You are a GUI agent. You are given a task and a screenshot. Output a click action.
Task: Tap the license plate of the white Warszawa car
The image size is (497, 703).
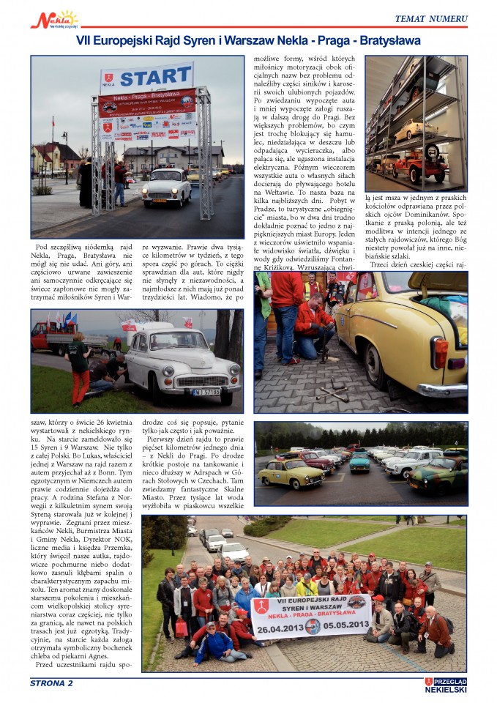(x=207, y=392)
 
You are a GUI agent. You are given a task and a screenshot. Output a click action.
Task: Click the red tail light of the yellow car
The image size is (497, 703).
(x=441, y=351)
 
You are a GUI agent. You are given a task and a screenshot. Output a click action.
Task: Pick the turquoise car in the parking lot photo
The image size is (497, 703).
(x=359, y=462)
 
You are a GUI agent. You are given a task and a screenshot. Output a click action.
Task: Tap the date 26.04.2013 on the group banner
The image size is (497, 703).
(x=281, y=625)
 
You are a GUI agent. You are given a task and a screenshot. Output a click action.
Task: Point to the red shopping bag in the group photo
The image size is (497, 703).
(x=182, y=627)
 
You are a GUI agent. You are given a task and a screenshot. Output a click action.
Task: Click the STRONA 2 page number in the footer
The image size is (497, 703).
(x=51, y=683)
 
